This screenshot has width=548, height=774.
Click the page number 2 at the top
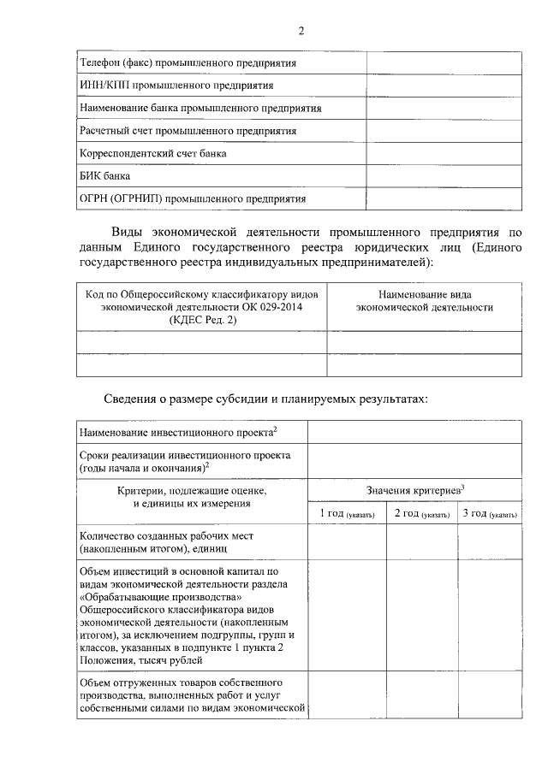point(301,32)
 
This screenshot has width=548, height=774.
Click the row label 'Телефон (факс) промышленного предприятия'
point(188,63)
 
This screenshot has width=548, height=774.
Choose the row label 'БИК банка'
point(104,176)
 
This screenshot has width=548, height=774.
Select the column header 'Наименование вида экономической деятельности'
point(424,300)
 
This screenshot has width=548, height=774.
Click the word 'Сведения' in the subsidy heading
point(137,399)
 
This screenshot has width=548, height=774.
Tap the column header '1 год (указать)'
point(347,513)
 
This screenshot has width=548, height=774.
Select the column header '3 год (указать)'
point(489,513)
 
